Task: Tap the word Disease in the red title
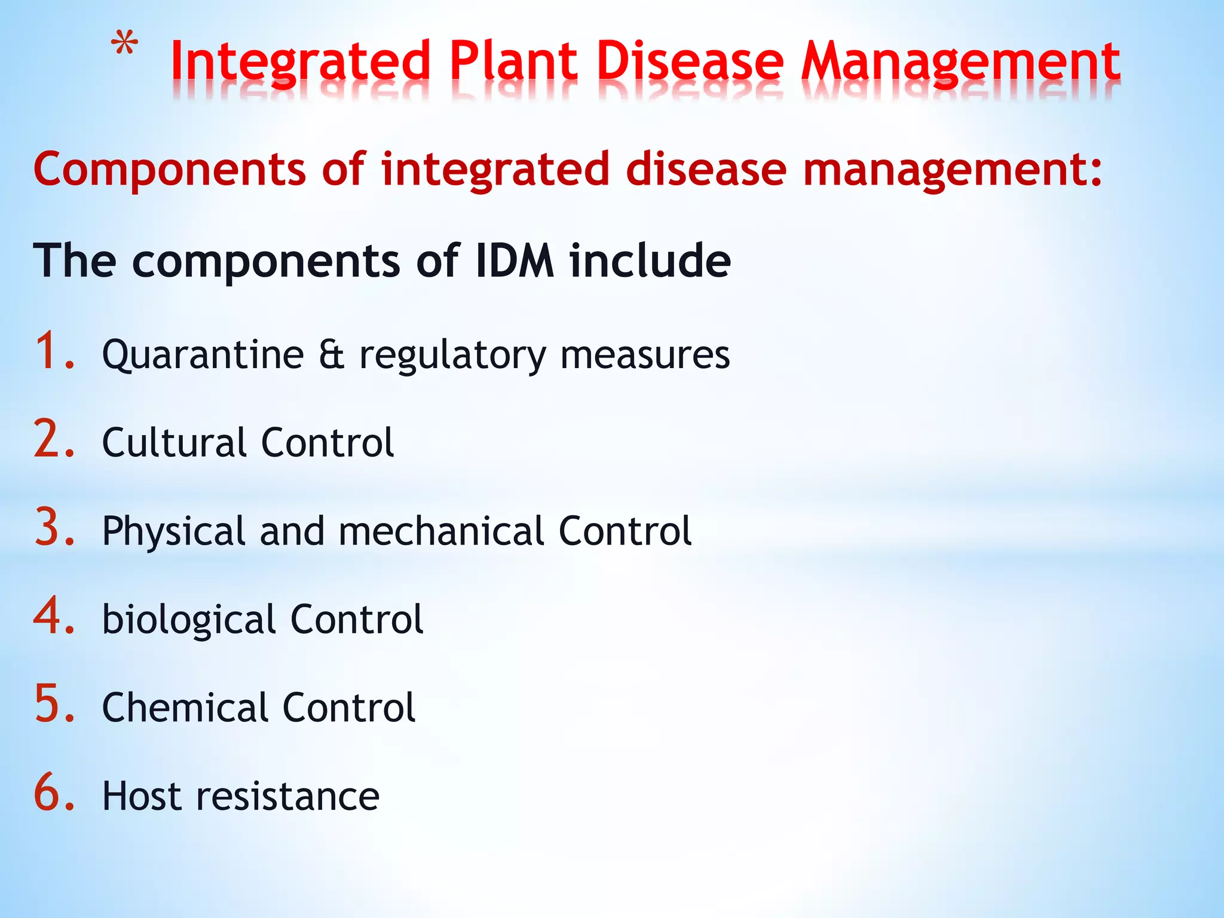click(690, 62)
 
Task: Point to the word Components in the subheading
click(170, 170)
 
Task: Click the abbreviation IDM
click(515, 261)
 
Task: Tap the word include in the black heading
click(650, 261)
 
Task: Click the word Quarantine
click(203, 356)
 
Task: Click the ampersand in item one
click(331, 354)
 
